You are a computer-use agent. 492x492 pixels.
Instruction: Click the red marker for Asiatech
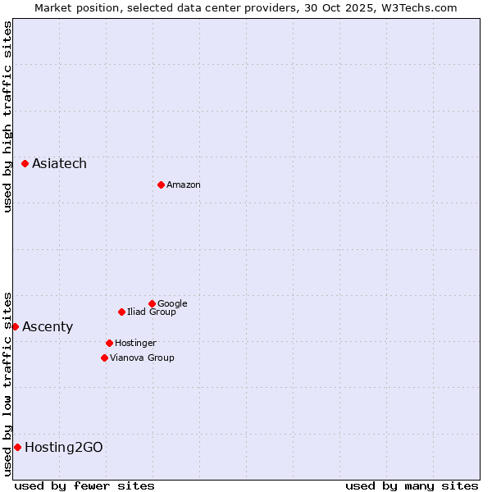(25, 164)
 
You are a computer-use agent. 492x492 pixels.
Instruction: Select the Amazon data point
(161, 184)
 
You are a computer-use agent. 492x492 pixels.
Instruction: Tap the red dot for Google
(152, 303)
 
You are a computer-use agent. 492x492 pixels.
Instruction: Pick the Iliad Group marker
(121, 312)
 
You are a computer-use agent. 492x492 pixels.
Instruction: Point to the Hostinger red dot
(109, 343)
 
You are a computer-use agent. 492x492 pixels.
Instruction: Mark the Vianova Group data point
(104, 358)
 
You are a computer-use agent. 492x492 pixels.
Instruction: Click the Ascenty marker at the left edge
(15, 326)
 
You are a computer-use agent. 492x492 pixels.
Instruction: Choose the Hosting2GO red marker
(17, 447)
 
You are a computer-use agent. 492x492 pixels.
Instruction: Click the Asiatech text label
(59, 164)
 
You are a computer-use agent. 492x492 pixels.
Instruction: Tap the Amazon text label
(184, 184)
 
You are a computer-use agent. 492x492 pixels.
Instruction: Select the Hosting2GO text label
(64, 447)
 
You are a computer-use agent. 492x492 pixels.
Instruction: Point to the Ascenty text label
(48, 326)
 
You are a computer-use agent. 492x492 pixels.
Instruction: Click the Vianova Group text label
(142, 358)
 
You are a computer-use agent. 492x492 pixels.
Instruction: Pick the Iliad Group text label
(152, 312)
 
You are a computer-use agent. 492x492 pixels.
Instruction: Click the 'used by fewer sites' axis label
(84, 485)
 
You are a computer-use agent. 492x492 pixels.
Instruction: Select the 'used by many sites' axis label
(412, 485)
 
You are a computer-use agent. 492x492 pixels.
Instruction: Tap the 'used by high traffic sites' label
(7, 116)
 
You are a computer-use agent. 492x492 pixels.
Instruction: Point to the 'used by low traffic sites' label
(7, 383)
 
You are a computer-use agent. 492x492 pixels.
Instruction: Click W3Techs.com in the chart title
(421, 7)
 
